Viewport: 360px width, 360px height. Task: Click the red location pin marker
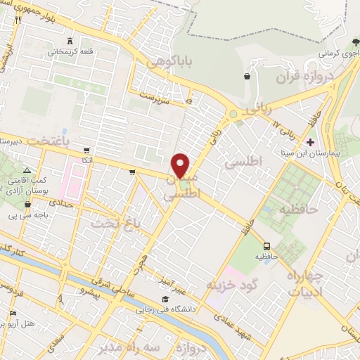(x=181, y=165)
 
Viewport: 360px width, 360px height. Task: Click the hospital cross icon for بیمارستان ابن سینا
(x=310, y=142)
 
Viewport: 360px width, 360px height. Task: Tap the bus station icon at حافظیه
(x=267, y=246)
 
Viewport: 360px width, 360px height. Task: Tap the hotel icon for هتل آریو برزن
(x=13, y=314)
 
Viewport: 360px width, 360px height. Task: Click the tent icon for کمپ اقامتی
(x=27, y=171)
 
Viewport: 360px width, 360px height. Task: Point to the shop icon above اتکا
(x=86, y=150)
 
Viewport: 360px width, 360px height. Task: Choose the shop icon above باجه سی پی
(x=27, y=205)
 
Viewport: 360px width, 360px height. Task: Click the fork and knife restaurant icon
(x=18, y=19)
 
